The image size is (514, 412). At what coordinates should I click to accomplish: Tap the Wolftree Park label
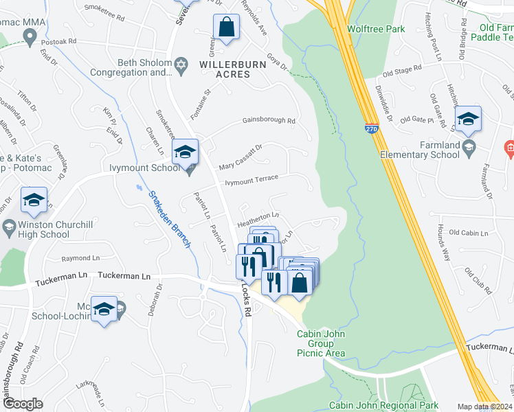(376, 29)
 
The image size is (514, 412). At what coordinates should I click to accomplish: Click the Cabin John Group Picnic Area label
(320, 343)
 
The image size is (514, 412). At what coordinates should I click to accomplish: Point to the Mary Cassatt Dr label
(241, 158)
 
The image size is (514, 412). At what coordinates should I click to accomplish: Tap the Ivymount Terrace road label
(252, 179)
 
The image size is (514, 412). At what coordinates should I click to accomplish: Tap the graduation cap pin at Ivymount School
(185, 152)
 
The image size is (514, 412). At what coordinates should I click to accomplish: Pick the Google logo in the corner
(23, 404)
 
